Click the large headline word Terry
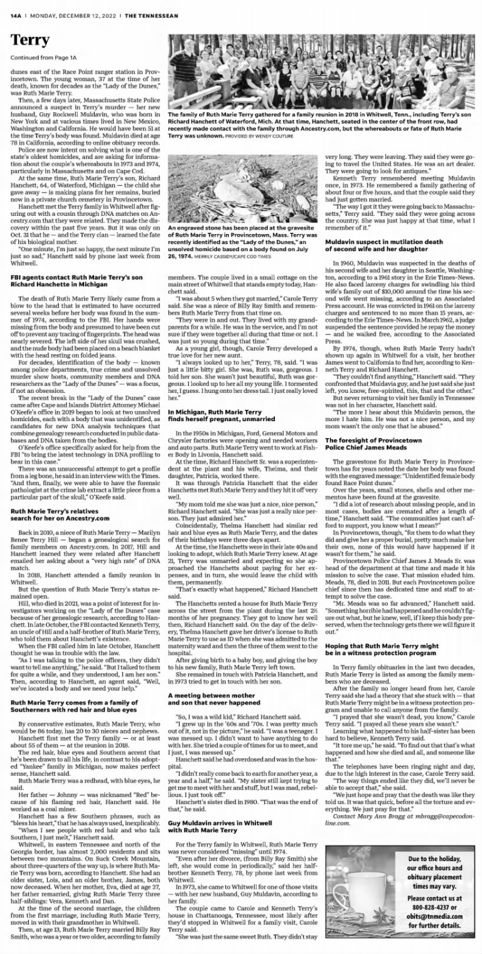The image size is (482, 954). click(x=30, y=41)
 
